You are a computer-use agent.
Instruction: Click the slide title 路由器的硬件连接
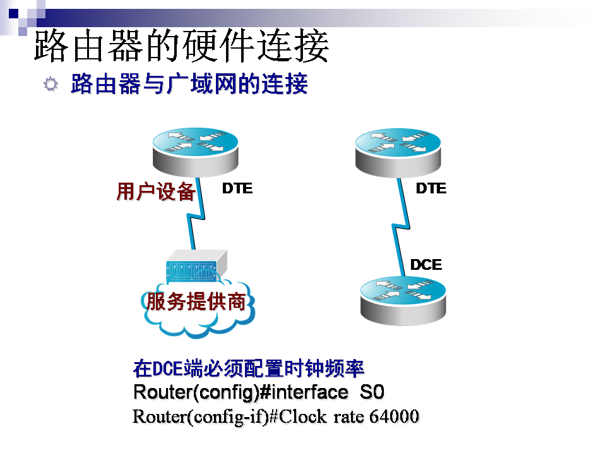[x=181, y=45]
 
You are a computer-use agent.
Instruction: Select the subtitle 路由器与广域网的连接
[x=189, y=84]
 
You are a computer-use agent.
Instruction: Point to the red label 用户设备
[x=155, y=191]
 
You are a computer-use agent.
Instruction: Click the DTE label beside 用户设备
[x=237, y=188]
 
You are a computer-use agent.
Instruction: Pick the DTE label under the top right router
[x=431, y=188]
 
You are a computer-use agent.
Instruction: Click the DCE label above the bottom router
[x=426, y=265]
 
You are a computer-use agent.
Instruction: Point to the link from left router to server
[x=195, y=218]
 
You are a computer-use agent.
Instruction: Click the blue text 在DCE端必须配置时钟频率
[x=249, y=368]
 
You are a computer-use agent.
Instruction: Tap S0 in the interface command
[x=371, y=392]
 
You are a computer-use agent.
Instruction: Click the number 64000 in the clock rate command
[x=395, y=417]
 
